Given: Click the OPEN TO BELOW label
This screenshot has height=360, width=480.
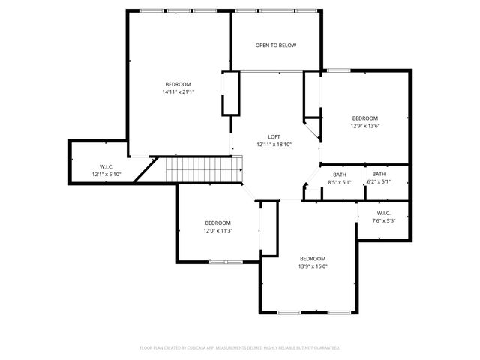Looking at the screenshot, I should pyautogui.click(x=275, y=46).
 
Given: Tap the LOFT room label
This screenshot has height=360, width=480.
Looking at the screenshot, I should pyautogui.click(x=274, y=136).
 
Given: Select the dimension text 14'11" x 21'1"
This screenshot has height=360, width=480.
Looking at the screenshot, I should pyautogui.click(x=178, y=92).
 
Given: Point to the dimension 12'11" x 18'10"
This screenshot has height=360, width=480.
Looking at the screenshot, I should pyautogui.click(x=274, y=145).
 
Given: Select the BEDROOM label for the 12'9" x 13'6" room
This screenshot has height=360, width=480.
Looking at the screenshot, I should pyautogui.click(x=365, y=118).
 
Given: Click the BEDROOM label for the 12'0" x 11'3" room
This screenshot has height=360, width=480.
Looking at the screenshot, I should pyautogui.click(x=217, y=223).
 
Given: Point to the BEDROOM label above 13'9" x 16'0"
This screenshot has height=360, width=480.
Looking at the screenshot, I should pyautogui.click(x=313, y=258).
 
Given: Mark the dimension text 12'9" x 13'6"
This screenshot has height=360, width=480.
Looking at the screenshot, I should pyautogui.click(x=365, y=127).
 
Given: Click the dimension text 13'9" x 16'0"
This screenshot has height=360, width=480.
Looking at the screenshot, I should pyautogui.click(x=313, y=266).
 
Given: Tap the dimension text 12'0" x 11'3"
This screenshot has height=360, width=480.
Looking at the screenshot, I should pyautogui.click(x=217, y=231).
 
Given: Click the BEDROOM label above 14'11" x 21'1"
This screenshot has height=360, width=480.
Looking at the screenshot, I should pyautogui.click(x=178, y=84).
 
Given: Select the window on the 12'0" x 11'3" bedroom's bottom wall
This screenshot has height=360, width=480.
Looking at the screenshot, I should pyautogui.click(x=225, y=262).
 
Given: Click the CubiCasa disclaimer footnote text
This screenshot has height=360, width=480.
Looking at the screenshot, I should pyautogui.click(x=240, y=348).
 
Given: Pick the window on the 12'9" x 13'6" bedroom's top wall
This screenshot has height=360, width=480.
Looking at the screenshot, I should pyautogui.click(x=338, y=70).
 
